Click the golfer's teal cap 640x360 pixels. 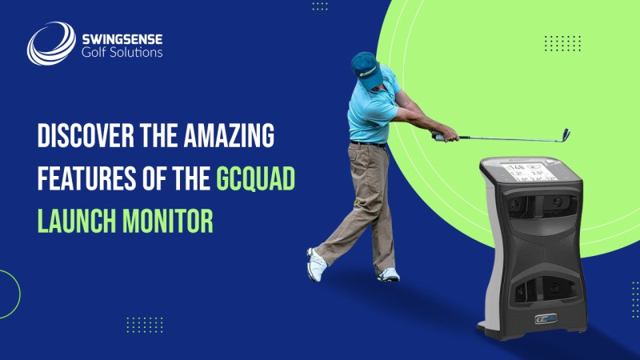click(x=365, y=65)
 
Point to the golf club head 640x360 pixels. click(x=565, y=134)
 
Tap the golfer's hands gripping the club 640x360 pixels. click(x=439, y=136)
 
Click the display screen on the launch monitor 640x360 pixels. click(x=524, y=174)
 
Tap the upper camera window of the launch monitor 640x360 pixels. click(x=525, y=210)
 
